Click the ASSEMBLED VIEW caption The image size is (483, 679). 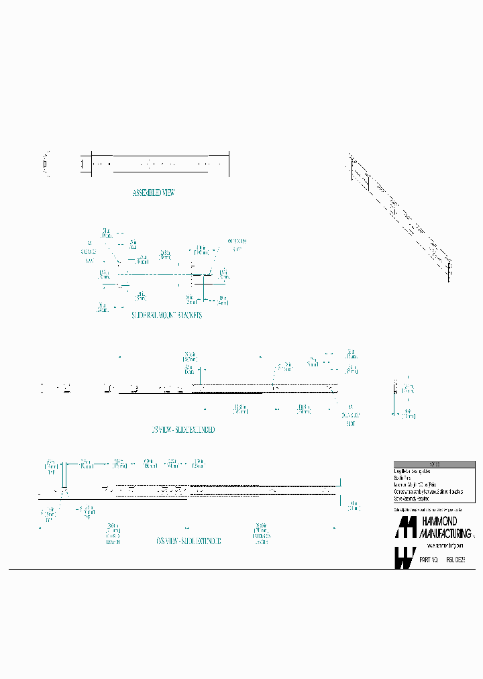(154, 193)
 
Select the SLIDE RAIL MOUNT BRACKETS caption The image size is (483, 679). (166, 315)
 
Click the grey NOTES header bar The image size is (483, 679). (434, 464)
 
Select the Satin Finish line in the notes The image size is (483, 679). (403, 478)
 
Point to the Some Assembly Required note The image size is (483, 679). (412, 499)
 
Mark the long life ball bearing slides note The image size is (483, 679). (413, 472)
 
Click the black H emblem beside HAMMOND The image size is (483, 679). (406, 528)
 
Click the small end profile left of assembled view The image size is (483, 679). (46, 163)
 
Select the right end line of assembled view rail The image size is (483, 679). (229, 163)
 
